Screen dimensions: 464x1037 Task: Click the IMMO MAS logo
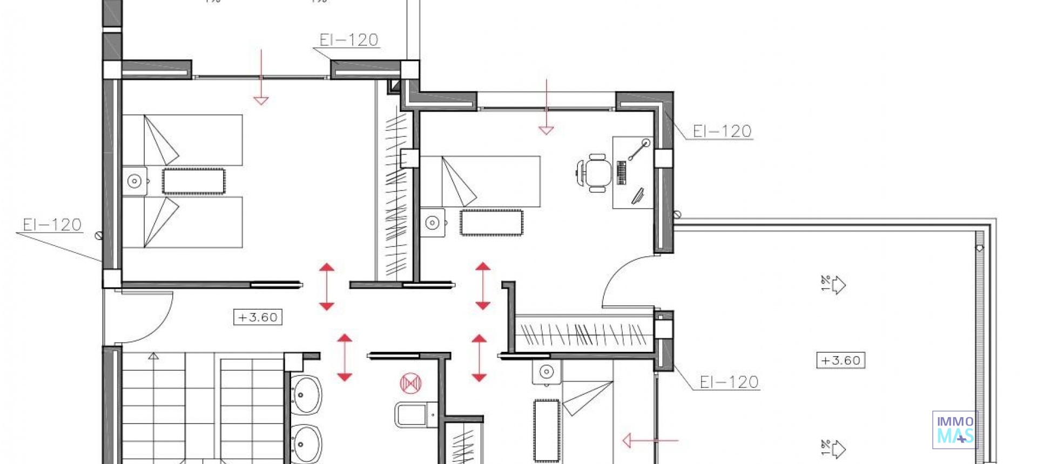click(955, 429)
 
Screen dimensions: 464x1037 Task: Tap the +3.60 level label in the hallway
click(258, 317)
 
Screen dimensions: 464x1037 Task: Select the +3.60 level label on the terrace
click(840, 360)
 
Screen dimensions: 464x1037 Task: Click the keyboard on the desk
click(622, 173)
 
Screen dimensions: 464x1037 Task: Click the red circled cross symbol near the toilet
click(410, 383)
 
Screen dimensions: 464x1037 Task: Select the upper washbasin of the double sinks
click(307, 395)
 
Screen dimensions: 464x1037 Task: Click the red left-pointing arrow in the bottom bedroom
click(648, 441)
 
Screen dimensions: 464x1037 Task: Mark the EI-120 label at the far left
click(52, 224)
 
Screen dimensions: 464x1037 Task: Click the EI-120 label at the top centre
click(349, 40)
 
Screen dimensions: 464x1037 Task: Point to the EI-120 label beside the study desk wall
click(722, 131)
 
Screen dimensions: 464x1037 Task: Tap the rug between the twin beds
click(193, 181)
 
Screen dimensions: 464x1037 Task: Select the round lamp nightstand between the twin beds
click(134, 181)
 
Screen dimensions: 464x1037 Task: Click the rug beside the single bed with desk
click(491, 222)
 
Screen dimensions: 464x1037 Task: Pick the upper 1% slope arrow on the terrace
click(834, 284)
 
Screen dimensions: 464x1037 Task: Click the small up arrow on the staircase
click(153, 356)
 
